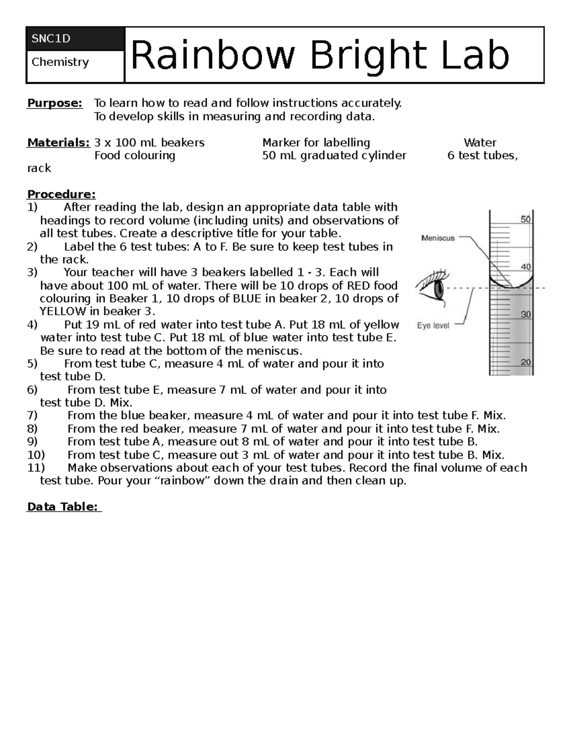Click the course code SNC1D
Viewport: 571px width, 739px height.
click(51, 39)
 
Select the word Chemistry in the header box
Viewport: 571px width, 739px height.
click(60, 62)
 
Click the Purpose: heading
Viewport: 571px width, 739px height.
click(55, 103)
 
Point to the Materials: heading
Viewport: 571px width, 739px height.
click(59, 143)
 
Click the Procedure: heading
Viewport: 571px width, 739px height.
click(61, 194)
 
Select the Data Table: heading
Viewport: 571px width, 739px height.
click(64, 507)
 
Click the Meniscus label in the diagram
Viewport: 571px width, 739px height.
click(438, 238)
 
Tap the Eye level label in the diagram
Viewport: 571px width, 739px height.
click(433, 326)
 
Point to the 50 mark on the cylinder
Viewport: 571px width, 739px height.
click(525, 219)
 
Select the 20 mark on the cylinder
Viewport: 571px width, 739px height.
click(525, 362)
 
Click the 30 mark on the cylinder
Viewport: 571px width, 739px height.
click(525, 315)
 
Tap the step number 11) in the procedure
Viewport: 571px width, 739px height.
click(36, 468)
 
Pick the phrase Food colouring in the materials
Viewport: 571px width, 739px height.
click(135, 156)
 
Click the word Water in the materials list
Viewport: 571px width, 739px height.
click(480, 143)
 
